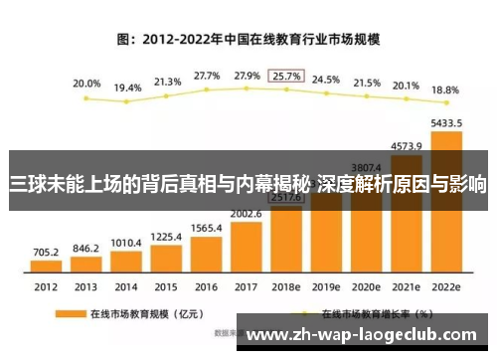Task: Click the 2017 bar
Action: [x=246, y=249]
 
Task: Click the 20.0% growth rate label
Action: [x=86, y=84]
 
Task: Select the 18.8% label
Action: [x=445, y=90]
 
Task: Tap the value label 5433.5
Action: [x=445, y=123]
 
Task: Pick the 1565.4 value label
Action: [x=206, y=228]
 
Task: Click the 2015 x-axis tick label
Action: [x=166, y=287]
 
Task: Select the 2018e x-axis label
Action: [x=285, y=287]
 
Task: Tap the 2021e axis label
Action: [x=406, y=287]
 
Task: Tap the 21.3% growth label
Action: [x=166, y=81]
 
